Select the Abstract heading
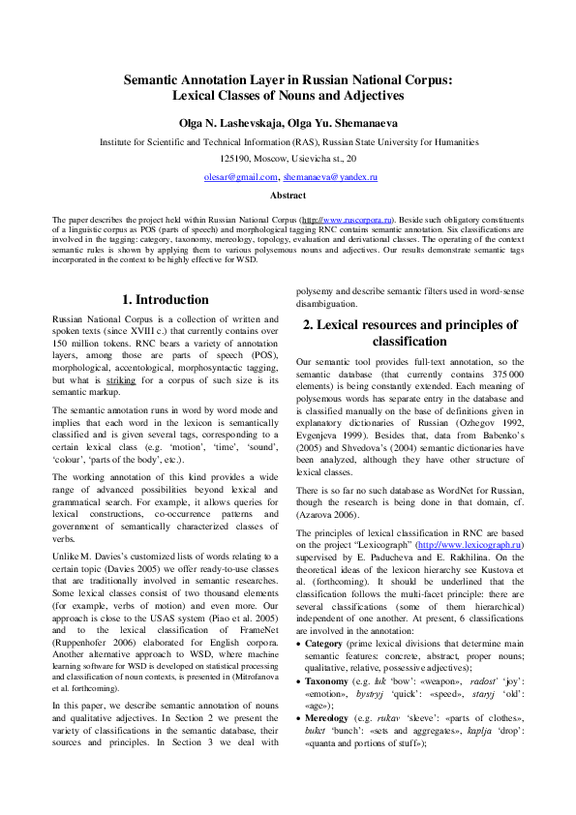288,196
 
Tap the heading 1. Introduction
166,300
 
